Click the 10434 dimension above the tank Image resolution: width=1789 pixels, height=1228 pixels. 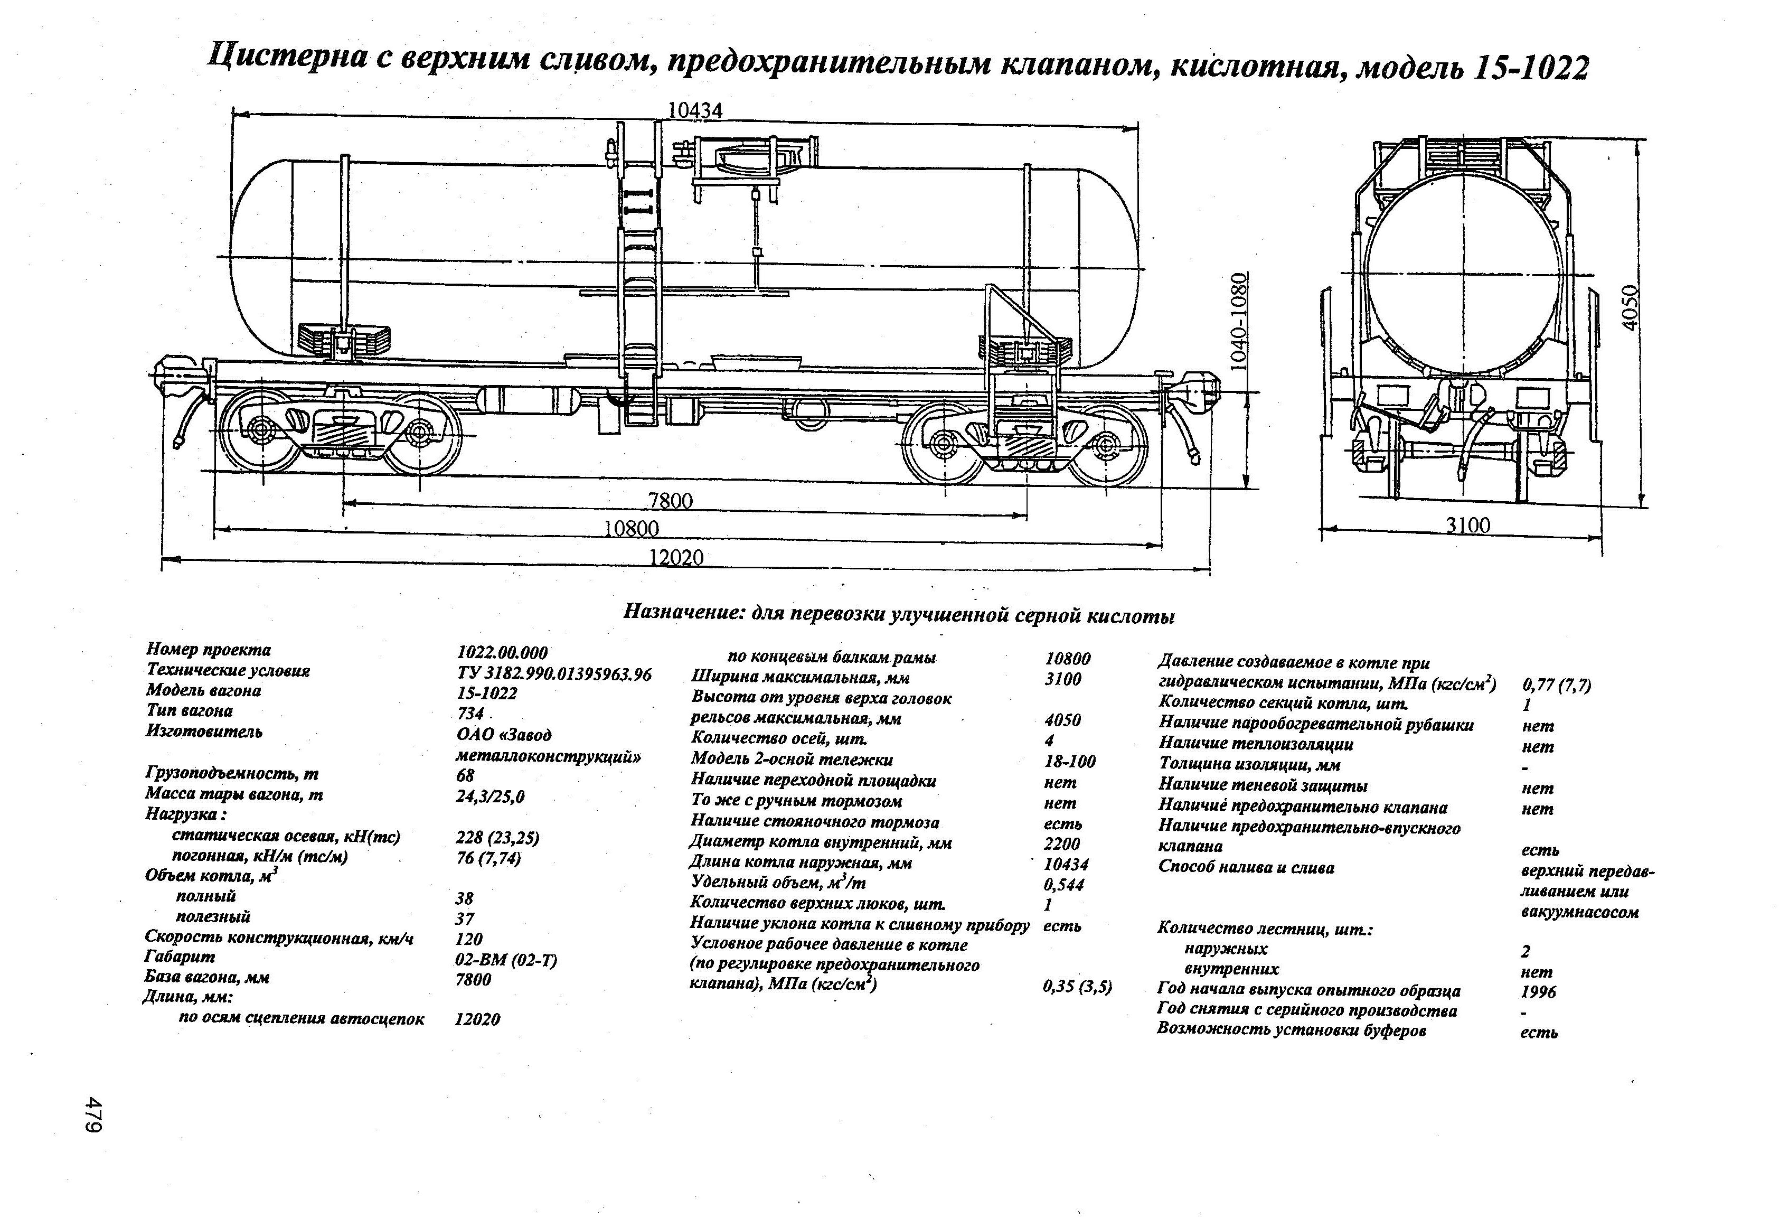pos(694,111)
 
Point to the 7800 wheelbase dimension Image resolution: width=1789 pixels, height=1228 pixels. pos(670,501)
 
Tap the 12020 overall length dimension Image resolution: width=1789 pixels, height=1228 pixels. pos(676,557)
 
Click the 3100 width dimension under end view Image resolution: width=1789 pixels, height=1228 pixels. pos(1467,526)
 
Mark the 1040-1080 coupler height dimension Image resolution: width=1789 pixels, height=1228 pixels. pos(1237,321)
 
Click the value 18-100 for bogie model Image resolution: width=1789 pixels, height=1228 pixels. pos(1069,762)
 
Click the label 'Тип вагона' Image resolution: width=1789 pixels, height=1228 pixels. pos(190,710)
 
